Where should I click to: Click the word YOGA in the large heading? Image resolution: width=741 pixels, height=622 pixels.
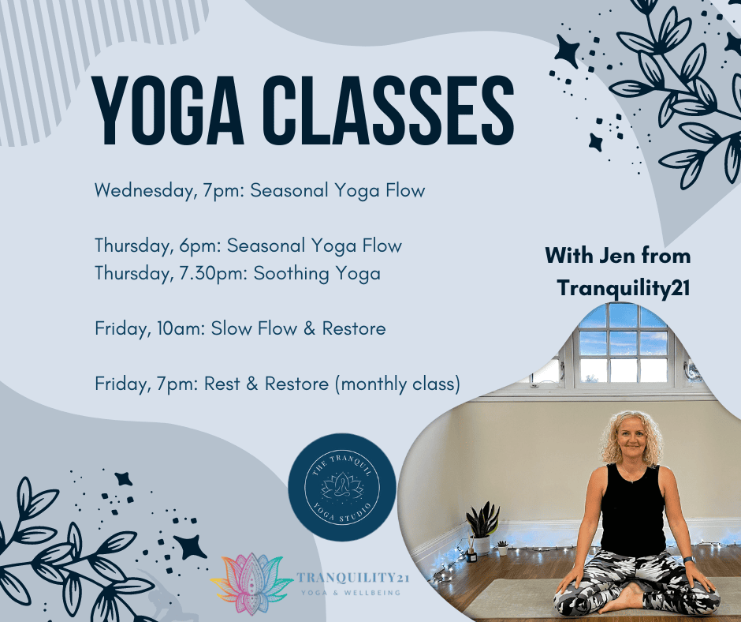(x=168, y=111)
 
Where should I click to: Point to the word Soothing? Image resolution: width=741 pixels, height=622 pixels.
(x=291, y=274)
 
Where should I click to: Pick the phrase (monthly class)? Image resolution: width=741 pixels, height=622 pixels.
(x=397, y=384)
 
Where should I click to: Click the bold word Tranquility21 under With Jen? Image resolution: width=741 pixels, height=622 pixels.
(x=624, y=288)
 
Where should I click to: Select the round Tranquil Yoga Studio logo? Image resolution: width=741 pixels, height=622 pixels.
(x=342, y=488)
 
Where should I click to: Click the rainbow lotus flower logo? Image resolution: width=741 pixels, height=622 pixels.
(x=251, y=583)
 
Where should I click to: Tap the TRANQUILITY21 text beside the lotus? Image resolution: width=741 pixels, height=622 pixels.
(x=352, y=578)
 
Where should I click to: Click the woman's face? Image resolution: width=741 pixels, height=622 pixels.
(x=632, y=440)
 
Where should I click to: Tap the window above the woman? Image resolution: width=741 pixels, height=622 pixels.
(x=623, y=346)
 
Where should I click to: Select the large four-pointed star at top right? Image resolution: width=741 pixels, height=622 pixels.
(x=567, y=51)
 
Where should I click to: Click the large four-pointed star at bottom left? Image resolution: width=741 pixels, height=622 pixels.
(x=190, y=547)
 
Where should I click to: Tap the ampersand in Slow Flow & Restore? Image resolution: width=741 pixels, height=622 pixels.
(x=310, y=328)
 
